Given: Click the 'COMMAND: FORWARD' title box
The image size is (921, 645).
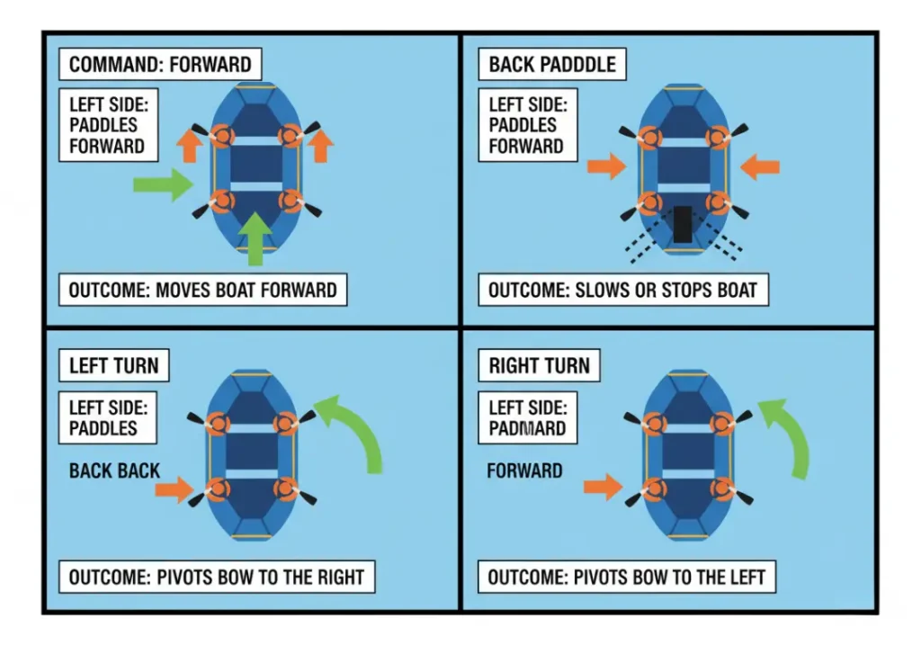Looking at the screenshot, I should [161, 65].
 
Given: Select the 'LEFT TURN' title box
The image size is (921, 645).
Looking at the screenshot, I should [113, 365].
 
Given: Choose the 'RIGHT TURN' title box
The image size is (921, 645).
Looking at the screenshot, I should [539, 365].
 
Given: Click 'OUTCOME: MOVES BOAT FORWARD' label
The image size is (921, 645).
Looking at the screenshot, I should [202, 290].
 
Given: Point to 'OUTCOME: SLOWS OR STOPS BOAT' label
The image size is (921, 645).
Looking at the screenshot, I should [622, 290].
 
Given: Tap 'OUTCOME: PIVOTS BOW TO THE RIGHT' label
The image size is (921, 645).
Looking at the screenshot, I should [216, 577].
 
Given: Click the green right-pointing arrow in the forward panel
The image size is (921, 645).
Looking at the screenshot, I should [163, 184].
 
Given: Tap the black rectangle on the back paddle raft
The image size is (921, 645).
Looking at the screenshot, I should [683, 224].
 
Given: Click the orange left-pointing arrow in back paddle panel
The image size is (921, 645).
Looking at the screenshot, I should [760, 166].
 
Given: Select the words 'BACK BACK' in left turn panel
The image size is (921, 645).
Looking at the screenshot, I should [114, 470].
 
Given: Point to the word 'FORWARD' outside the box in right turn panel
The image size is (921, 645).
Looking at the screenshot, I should [524, 470].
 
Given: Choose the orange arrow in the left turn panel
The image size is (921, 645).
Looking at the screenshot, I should [174, 489].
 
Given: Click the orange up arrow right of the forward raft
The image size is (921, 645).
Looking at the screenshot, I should [321, 145].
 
